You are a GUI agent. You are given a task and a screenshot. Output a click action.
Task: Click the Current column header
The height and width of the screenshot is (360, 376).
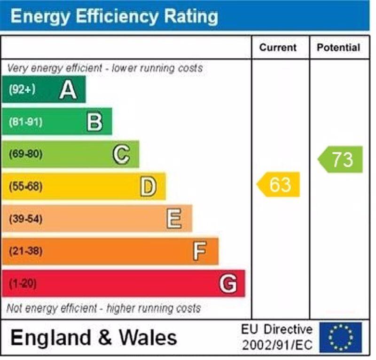pyautogui.click(x=278, y=48)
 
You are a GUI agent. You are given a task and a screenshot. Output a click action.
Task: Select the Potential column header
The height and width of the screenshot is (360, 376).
pyautogui.click(x=338, y=48)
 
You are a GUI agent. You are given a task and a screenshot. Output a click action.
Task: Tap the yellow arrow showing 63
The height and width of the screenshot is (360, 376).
pyautogui.click(x=279, y=184)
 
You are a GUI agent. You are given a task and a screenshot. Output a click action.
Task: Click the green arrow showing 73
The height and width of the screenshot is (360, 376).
pyautogui.click(x=341, y=160)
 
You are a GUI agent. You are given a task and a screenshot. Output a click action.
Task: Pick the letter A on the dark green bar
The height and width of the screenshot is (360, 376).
pyautogui.click(x=68, y=89)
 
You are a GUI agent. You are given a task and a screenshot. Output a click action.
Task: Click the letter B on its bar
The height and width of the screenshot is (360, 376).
pyautogui.click(x=94, y=122)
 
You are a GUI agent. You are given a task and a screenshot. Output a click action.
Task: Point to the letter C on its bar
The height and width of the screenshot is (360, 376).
pyautogui.click(x=121, y=154)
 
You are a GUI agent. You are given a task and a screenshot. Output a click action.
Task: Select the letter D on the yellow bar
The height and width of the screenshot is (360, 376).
pyautogui.click(x=148, y=187)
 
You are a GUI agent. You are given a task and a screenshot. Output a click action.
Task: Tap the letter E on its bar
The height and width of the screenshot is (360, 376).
pyautogui.click(x=174, y=219)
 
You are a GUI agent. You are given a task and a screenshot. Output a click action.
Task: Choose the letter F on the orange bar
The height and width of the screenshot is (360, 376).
pyautogui.click(x=200, y=251)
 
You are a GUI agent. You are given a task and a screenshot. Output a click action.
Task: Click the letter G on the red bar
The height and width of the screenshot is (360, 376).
pyautogui.click(x=228, y=284)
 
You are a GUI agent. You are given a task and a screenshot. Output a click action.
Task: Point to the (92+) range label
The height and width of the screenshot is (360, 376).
pyautogui.click(x=22, y=89)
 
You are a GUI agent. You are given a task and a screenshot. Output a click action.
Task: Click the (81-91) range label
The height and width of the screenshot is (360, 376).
pyautogui.click(x=25, y=122)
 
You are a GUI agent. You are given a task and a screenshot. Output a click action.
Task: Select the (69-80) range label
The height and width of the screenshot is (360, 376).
pyautogui.click(x=25, y=154)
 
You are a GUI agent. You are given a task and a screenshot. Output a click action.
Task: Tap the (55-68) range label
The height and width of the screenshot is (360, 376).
pyautogui.click(x=25, y=187)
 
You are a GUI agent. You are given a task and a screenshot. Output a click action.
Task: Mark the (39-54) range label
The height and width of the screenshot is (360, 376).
pyautogui.click(x=25, y=219)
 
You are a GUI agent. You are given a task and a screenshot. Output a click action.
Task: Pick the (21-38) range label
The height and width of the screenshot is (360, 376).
pyautogui.click(x=25, y=251)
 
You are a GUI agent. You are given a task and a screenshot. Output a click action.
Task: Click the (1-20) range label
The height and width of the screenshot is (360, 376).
pyautogui.click(x=23, y=284)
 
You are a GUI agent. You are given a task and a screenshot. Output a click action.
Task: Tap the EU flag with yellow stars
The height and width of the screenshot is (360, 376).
pyautogui.click(x=341, y=337)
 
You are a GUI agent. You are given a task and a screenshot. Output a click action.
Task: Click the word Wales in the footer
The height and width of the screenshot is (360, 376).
pyautogui.click(x=148, y=337)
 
